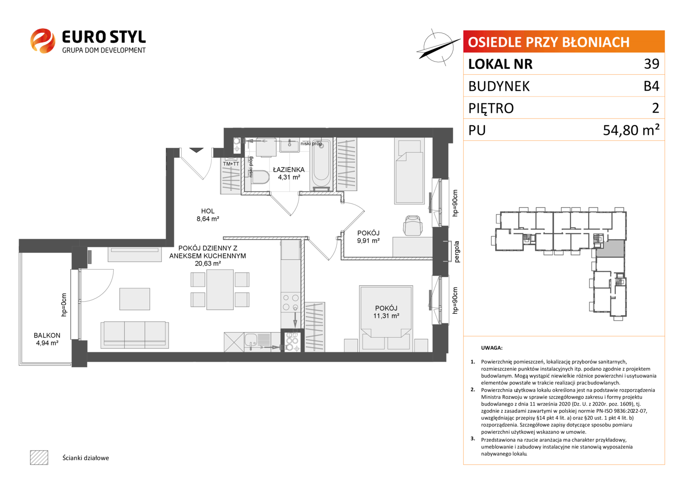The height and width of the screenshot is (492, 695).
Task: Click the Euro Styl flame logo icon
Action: [43, 41]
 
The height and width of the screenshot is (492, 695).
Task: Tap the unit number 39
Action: [651, 64]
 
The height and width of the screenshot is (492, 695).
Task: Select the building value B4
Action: [651, 86]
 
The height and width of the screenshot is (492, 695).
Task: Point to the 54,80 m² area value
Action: [631, 130]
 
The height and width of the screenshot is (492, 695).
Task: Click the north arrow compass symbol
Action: [438, 47]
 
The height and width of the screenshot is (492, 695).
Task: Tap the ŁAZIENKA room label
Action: [289, 169]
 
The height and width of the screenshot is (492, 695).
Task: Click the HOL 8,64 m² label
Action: [208, 215]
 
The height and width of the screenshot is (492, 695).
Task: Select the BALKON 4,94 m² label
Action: [47, 339]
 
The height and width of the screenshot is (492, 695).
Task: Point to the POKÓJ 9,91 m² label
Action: [368, 237]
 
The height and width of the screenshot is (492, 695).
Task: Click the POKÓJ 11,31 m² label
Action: [386, 312]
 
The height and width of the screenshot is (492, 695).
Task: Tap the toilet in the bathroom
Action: [260, 177]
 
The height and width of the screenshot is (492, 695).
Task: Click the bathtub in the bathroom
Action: [321, 164]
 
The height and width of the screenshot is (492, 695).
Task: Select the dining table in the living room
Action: [220, 289]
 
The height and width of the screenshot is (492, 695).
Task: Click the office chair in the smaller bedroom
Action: [413, 225]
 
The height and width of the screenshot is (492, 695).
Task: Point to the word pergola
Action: [457, 252]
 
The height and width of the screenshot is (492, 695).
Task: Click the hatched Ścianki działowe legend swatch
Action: [39, 457]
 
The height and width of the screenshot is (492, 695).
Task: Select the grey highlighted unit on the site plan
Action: [610, 248]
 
